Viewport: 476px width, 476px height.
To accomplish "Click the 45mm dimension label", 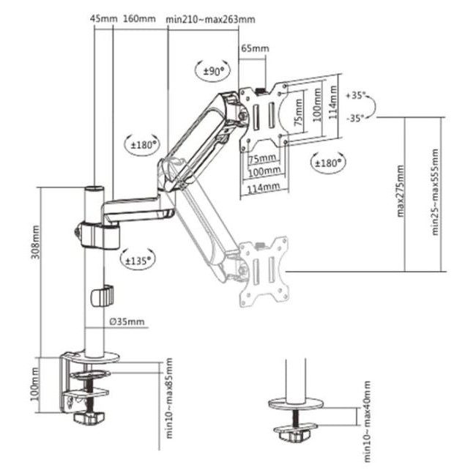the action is pos(103,19).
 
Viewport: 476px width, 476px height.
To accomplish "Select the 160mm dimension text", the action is pos(139,19).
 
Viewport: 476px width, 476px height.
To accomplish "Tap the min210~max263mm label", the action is pos(210,20).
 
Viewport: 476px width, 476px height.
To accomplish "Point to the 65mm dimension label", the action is pos(255,48).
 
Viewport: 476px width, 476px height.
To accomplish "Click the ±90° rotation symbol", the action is pos(212,71).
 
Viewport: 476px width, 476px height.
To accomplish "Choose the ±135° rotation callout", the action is pos(138,260).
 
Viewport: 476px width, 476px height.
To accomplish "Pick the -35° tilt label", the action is pos(354,118).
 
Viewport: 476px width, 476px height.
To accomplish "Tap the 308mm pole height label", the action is pos(36,242).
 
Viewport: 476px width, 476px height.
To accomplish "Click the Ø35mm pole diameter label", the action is pos(127,321).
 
